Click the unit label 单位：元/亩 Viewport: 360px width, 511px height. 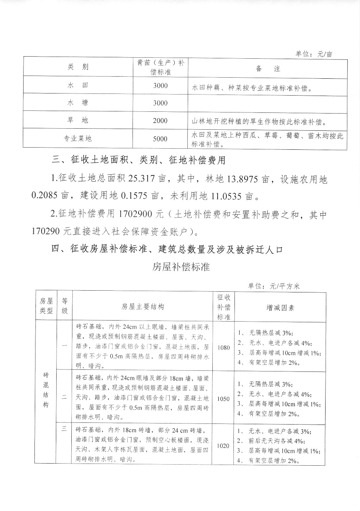[314, 54]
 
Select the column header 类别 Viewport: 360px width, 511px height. [78, 67]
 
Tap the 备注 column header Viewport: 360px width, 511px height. [268, 69]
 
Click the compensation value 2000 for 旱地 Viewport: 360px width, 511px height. [160, 121]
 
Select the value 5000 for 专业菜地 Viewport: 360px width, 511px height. [160, 139]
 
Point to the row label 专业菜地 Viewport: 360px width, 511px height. [78, 138]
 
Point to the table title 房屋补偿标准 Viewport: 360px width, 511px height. [181, 267]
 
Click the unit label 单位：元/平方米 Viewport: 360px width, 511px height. [274, 286]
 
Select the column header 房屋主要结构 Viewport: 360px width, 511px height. [143, 306]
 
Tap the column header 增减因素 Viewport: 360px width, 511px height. [280, 308]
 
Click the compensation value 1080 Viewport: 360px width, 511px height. [224, 348]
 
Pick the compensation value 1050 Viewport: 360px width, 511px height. [224, 399]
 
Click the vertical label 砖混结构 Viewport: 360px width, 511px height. [46, 389]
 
